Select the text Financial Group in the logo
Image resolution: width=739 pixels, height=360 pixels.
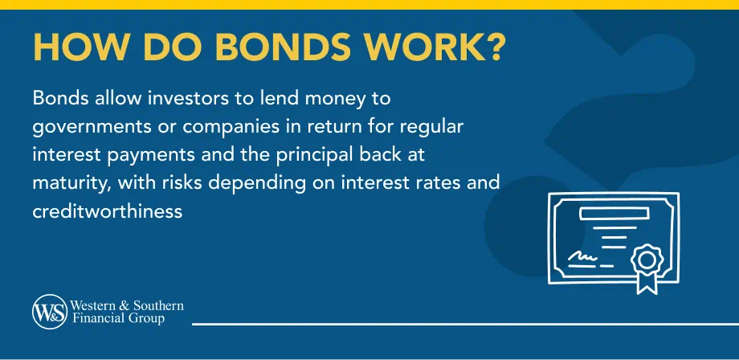[118, 319]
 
